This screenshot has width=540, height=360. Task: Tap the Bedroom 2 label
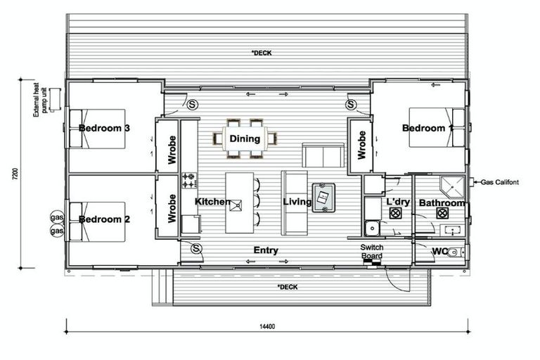click(x=104, y=219)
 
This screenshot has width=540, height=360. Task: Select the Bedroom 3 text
click(x=104, y=128)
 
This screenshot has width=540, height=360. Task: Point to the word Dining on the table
click(x=245, y=139)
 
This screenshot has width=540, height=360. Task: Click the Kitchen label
click(x=213, y=202)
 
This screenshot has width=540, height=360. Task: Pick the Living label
click(x=297, y=202)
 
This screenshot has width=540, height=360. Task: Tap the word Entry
click(x=266, y=250)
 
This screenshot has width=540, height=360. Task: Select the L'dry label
click(x=398, y=202)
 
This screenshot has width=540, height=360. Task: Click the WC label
click(x=440, y=251)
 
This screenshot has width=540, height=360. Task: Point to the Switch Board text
click(x=372, y=251)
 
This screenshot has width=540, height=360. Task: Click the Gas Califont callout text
click(x=500, y=182)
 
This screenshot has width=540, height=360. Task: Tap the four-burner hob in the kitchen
click(x=189, y=181)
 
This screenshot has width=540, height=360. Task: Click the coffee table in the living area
click(x=323, y=198)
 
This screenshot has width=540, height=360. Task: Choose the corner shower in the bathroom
click(x=452, y=186)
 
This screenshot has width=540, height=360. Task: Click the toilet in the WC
click(x=455, y=252)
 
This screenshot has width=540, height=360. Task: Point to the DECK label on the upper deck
click(x=262, y=53)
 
